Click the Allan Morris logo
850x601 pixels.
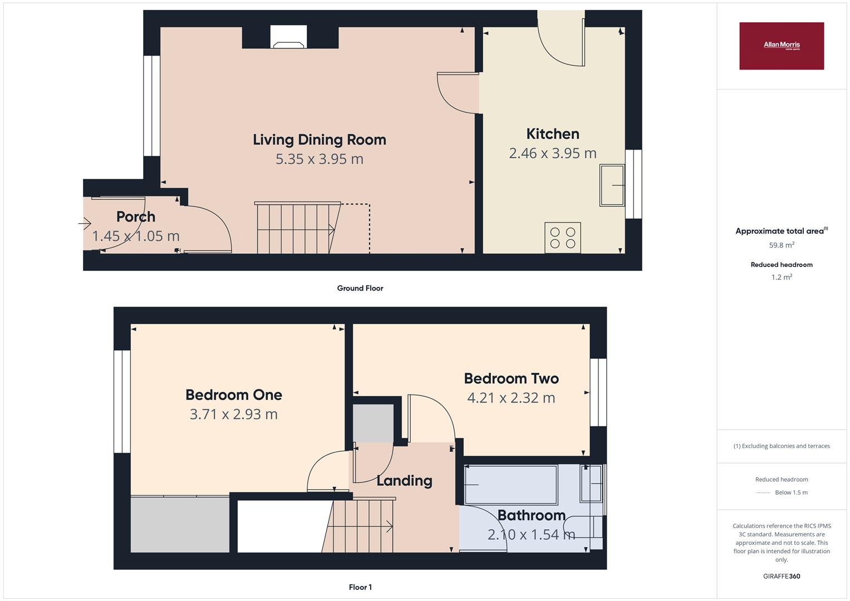pyautogui.click(x=781, y=46)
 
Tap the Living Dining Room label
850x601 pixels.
pyautogui.click(x=320, y=140)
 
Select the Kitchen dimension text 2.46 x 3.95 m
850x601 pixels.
pyautogui.click(x=552, y=153)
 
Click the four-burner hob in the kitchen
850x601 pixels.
pyautogui.click(x=563, y=238)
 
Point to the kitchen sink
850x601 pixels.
pyautogui.click(x=612, y=185)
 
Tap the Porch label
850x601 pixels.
pyautogui.click(x=135, y=216)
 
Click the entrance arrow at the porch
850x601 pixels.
pyautogui.click(x=85, y=224)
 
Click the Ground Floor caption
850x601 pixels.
pyautogui.click(x=360, y=288)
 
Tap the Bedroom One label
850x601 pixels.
pyautogui.click(x=233, y=395)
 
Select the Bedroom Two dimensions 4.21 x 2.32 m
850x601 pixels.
pyautogui.click(x=510, y=398)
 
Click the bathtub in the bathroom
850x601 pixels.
pyautogui.click(x=510, y=485)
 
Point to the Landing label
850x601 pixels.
pyautogui.click(x=404, y=481)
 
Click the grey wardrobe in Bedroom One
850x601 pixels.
pyautogui.click(x=180, y=524)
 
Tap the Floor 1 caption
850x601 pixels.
pyautogui.click(x=360, y=587)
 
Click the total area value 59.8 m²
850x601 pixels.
pyautogui.click(x=781, y=245)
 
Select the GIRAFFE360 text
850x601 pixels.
pyautogui.click(x=781, y=577)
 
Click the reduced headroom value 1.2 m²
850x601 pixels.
pyautogui.click(x=781, y=277)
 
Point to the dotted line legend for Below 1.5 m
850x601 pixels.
pyautogui.click(x=763, y=493)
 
